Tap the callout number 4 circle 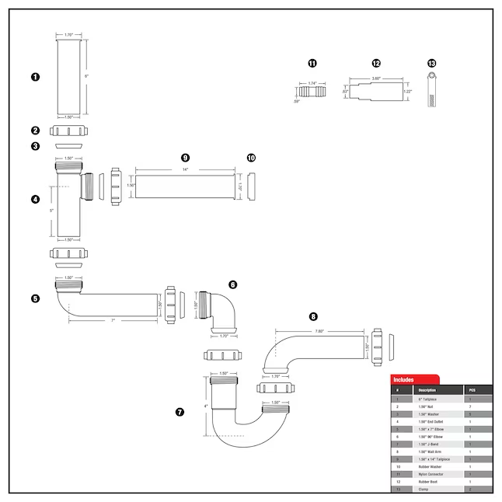click(35, 199)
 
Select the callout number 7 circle click(180, 412)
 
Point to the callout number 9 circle click(185, 157)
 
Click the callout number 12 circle click(376, 63)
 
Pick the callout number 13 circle click(432, 63)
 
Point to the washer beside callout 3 click(70, 145)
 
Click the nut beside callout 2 click(70, 131)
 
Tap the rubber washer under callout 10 click(251, 187)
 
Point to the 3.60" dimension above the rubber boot click(375, 78)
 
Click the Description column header click(427, 389)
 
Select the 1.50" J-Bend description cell click(428, 444)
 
